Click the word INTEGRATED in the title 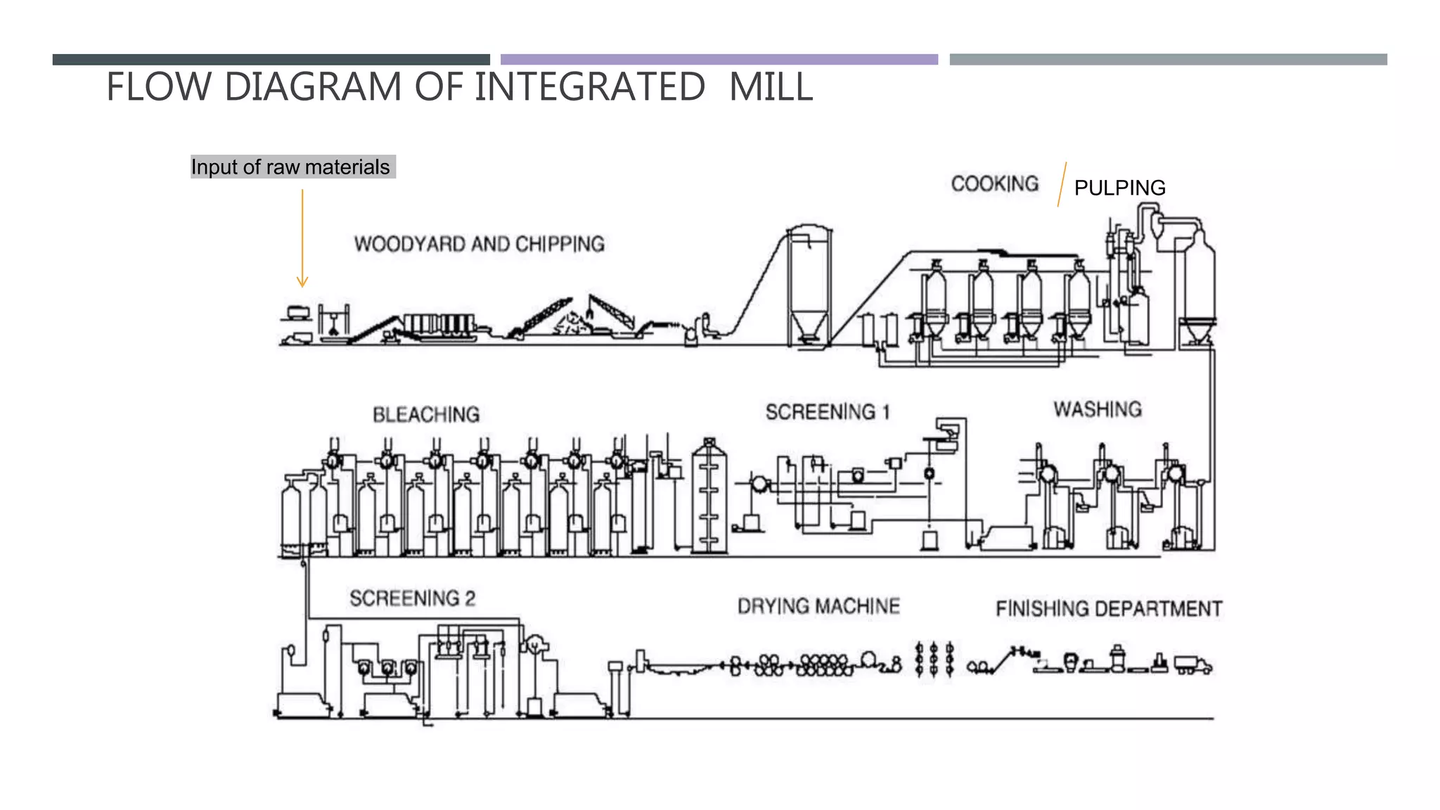589,87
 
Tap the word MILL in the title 771,87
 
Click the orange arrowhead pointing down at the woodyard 302,282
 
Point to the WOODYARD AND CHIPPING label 479,244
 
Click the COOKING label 994,184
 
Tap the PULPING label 1119,188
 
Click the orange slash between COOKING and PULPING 1062,184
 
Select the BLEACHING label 426,415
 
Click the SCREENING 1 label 828,412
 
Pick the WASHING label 1097,409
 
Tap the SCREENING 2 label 413,598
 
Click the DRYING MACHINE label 818,606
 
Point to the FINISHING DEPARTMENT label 1109,608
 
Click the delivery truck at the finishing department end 1192,664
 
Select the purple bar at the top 719,60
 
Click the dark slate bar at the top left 271,60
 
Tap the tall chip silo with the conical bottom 809,288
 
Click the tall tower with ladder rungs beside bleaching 709,496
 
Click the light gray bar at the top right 1168,60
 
